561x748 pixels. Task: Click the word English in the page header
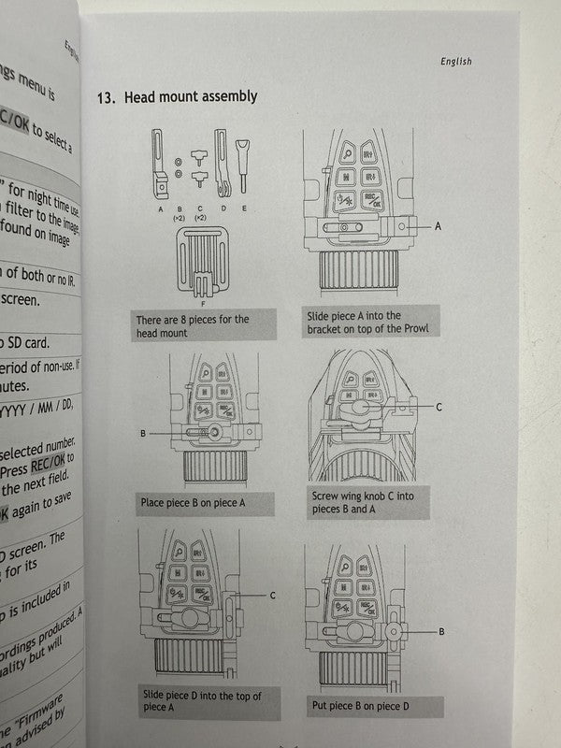(455, 62)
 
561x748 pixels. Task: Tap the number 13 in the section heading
(105, 97)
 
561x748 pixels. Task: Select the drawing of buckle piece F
(205, 263)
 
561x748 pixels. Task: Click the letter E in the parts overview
(243, 209)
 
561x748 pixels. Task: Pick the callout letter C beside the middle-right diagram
(439, 407)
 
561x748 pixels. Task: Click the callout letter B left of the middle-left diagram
(143, 433)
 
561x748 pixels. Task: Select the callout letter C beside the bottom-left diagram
(272, 595)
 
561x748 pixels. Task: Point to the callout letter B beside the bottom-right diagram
(441, 632)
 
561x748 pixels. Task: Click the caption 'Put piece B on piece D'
(358, 705)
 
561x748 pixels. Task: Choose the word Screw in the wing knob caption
(324, 496)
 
